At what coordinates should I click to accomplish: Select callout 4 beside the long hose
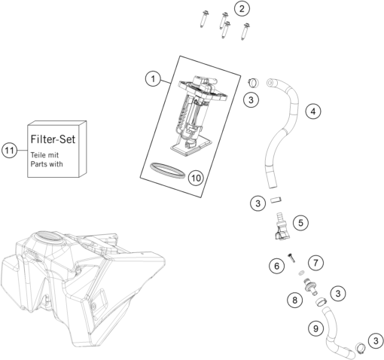tap(314, 111)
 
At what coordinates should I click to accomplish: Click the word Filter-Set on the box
tap(55, 140)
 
